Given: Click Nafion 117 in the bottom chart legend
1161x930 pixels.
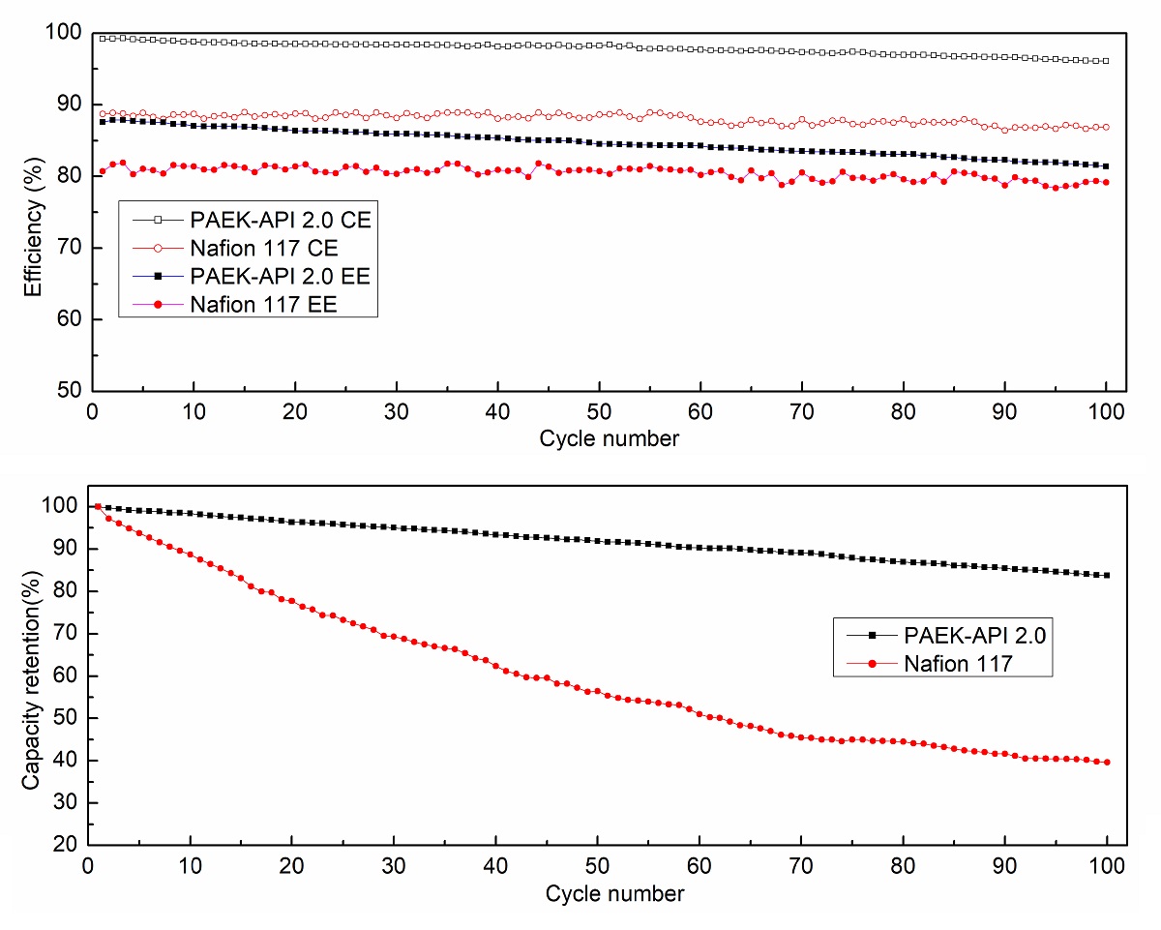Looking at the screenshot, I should coord(959,663).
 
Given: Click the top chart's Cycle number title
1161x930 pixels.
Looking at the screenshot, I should coord(610,438).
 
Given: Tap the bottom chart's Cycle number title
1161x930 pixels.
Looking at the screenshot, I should coord(614,892).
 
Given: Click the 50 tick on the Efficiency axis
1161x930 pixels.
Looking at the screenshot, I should coord(65,390).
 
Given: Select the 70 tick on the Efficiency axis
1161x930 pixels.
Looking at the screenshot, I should coord(65,248).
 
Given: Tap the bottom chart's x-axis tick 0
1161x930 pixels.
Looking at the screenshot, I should coord(89,864).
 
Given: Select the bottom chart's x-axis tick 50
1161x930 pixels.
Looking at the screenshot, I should coord(597,864).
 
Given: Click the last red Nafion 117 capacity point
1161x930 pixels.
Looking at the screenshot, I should coord(1107,762).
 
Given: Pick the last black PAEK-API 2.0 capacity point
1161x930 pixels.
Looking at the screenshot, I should coord(1107,575).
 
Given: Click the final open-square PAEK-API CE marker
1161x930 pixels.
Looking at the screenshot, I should coord(1107,61).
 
